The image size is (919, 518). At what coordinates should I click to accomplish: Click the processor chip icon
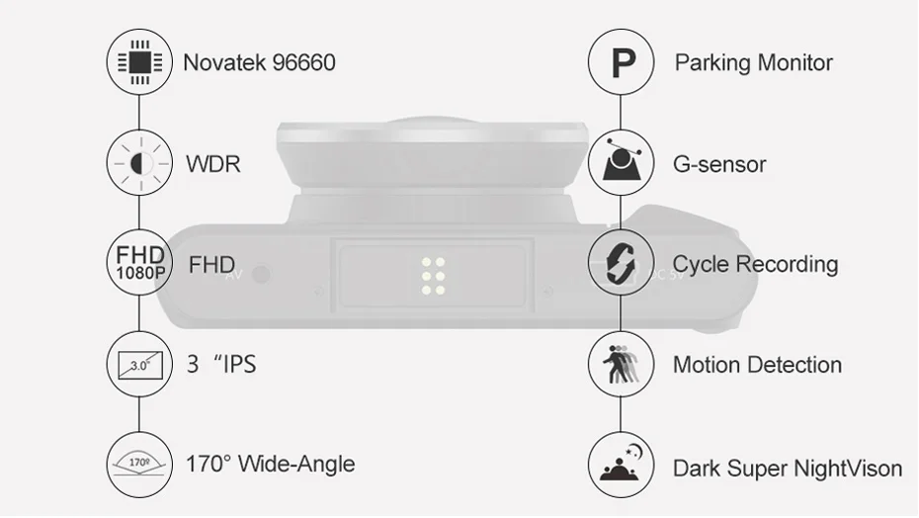click(139, 61)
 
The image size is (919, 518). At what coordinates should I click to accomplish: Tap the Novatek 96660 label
click(259, 62)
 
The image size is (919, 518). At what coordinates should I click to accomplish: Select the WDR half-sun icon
click(139, 162)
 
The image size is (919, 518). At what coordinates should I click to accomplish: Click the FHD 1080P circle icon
click(139, 262)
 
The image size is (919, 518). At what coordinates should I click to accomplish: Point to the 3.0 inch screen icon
click(139, 365)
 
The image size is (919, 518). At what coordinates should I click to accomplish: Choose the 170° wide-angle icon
click(139, 465)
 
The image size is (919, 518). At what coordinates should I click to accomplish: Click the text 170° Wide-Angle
click(270, 464)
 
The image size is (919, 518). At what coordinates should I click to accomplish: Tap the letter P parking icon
click(622, 62)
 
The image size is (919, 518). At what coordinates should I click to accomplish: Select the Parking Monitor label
click(753, 62)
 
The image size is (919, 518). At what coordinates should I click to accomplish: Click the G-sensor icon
click(622, 162)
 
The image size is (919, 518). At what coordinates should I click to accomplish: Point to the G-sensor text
click(719, 164)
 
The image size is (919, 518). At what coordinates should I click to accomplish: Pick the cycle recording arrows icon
click(622, 262)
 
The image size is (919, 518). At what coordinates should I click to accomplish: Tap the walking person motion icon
click(622, 365)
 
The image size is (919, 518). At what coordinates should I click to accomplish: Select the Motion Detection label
click(757, 365)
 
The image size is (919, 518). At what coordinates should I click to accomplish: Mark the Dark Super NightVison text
click(788, 469)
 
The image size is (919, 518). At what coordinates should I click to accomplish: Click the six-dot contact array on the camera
click(433, 276)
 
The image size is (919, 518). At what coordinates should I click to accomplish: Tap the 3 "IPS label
click(221, 365)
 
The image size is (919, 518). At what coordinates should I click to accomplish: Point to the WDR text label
click(213, 164)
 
